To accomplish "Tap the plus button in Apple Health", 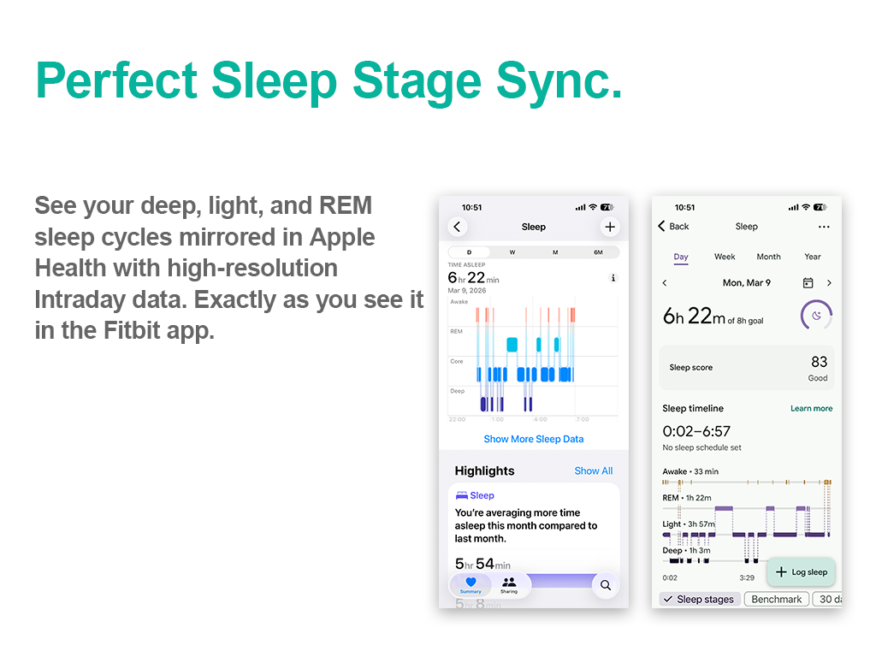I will (x=610, y=227).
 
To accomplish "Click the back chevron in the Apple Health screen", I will (x=458, y=227).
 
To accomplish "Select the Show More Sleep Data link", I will (x=534, y=439).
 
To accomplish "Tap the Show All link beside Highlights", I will (x=594, y=471).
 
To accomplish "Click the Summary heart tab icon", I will (x=471, y=583).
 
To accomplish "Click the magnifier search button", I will (x=606, y=585).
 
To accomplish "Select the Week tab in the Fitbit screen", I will (x=725, y=257).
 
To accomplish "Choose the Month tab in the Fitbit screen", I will (x=768, y=257).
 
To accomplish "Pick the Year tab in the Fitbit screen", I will (x=813, y=257).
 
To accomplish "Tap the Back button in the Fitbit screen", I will (x=673, y=227).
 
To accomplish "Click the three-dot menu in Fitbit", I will (x=824, y=227).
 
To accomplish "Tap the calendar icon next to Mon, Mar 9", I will (x=808, y=282).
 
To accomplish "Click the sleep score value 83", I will (x=819, y=362).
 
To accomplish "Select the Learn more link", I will (x=811, y=409).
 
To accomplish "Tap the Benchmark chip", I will (x=776, y=600).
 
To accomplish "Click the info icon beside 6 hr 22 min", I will (x=613, y=278).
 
